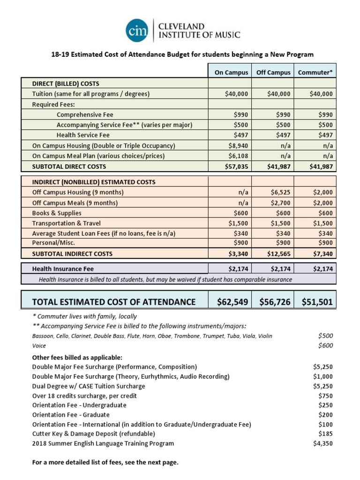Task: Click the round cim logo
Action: click(137, 30)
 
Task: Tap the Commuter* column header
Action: click(315, 73)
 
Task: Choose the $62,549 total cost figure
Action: click(232, 302)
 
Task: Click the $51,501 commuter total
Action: click(317, 302)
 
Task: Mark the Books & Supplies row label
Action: click(57, 213)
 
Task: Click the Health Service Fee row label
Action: click(83, 135)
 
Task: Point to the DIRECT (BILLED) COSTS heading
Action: click(66, 83)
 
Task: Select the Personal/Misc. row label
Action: click(53, 243)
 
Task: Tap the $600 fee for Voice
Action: click(325, 345)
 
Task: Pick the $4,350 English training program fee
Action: click(322, 443)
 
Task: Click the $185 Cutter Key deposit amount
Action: click(325, 434)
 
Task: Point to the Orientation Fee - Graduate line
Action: click(71, 415)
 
